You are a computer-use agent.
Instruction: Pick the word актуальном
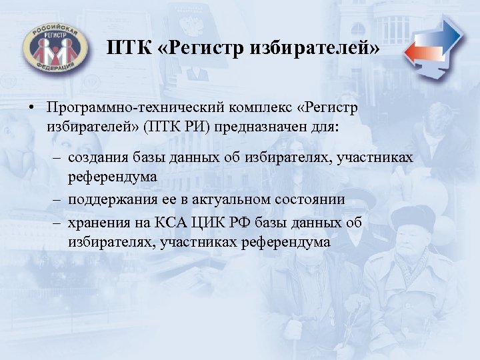pos(233,199)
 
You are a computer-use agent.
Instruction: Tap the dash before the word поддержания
pos(55,199)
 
